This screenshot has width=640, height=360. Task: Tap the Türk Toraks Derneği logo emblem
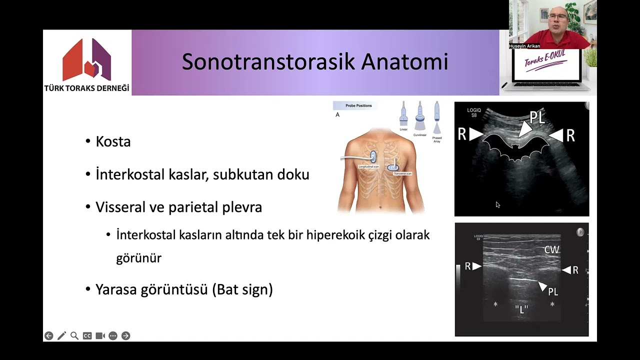86,59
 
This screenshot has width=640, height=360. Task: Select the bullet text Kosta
113,142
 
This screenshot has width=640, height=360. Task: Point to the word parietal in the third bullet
194,207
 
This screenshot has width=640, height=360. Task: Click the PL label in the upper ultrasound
537,118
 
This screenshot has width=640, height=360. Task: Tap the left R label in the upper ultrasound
462,133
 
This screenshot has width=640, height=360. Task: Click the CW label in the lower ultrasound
551,249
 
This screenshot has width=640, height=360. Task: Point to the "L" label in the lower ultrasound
521,309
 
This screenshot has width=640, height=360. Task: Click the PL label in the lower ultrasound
552,291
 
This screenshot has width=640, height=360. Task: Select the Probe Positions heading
358,106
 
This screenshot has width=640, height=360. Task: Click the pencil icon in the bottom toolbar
61,336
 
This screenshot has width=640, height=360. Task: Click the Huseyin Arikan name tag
524,46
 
